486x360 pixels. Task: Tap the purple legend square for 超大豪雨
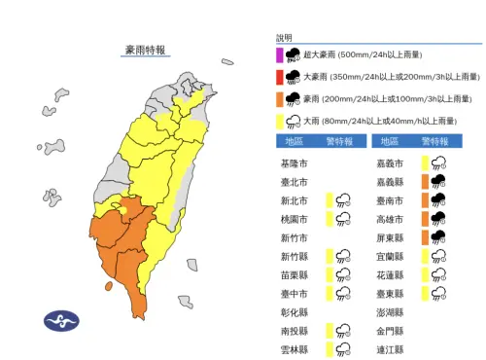pyautogui.click(x=278, y=56)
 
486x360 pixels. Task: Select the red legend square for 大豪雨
pyautogui.click(x=278, y=77)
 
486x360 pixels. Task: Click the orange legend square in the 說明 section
pyautogui.click(x=278, y=98)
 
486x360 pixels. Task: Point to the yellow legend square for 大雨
pyautogui.click(x=278, y=120)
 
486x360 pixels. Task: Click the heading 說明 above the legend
pyautogui.click(x=283, y=38)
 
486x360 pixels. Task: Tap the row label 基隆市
pyautogui.click(x=292, y=162)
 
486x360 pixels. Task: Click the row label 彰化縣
pyautogui.click(x=292, y=311)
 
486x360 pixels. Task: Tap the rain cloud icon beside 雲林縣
pyautogui.click(x=343, y=348)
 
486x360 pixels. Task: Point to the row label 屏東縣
pyautogui.click(x=387, y=236)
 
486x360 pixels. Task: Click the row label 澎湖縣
pyautogui.click(x=387, y=311)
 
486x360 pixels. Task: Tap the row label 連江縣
pyautogui.click(x=387, y=348)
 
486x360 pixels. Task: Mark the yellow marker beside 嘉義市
pyautogui.click(x=425, y=162)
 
